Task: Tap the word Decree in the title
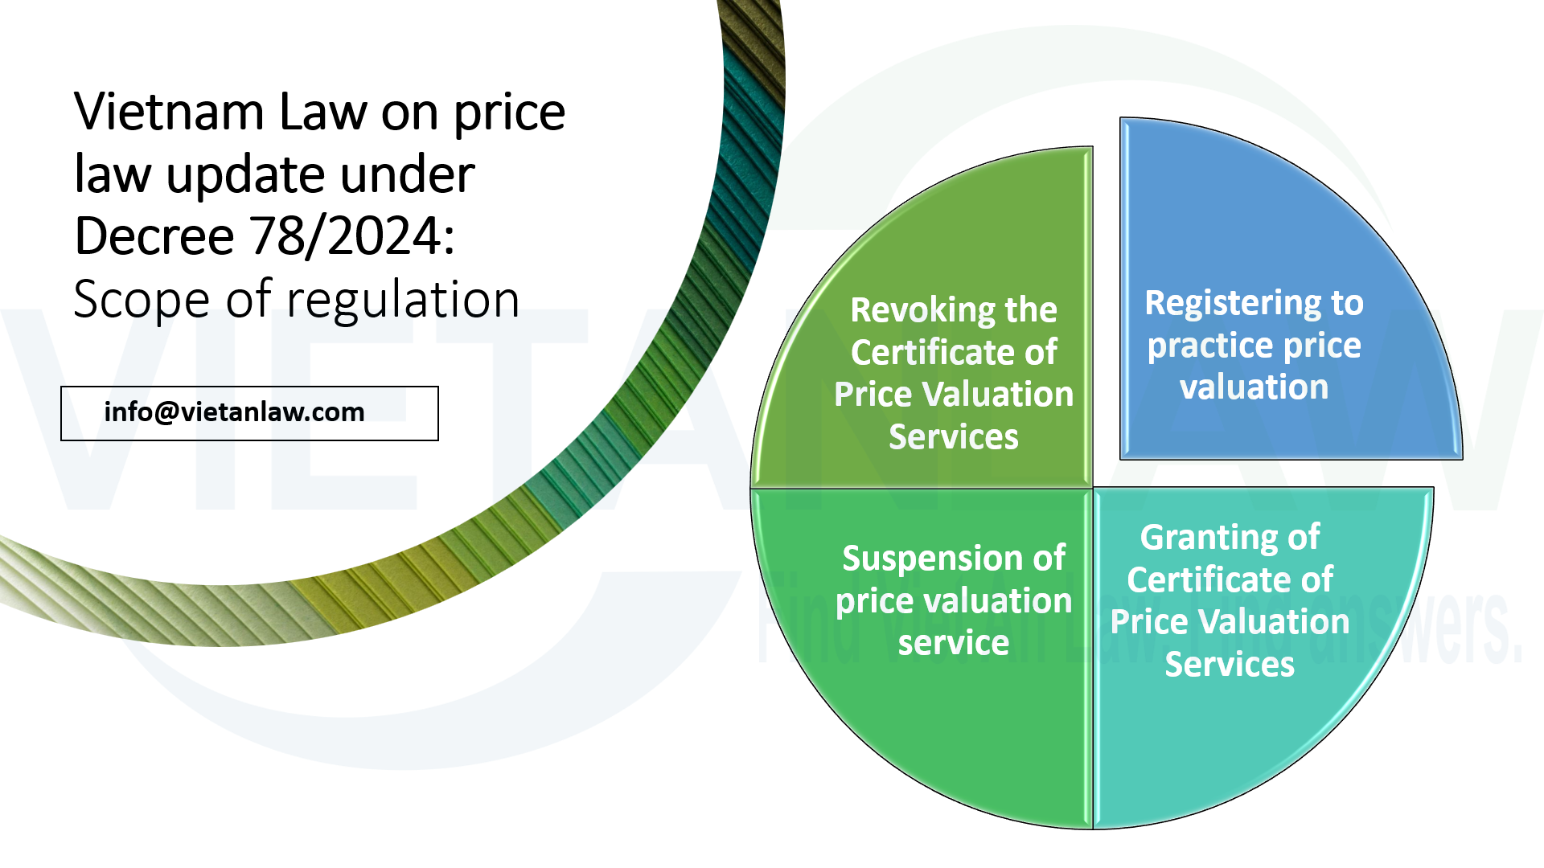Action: click(x=154, y=236)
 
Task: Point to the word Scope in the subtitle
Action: click(x=142, y=300)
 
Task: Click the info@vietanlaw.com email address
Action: click(x=234, y=412)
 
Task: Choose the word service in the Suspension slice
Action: click(x=953, y=643)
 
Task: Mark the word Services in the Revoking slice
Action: click(x=953, y=437)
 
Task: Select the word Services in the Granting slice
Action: click(x=1230, y=665)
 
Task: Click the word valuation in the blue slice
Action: click(x=1254, y=387)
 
